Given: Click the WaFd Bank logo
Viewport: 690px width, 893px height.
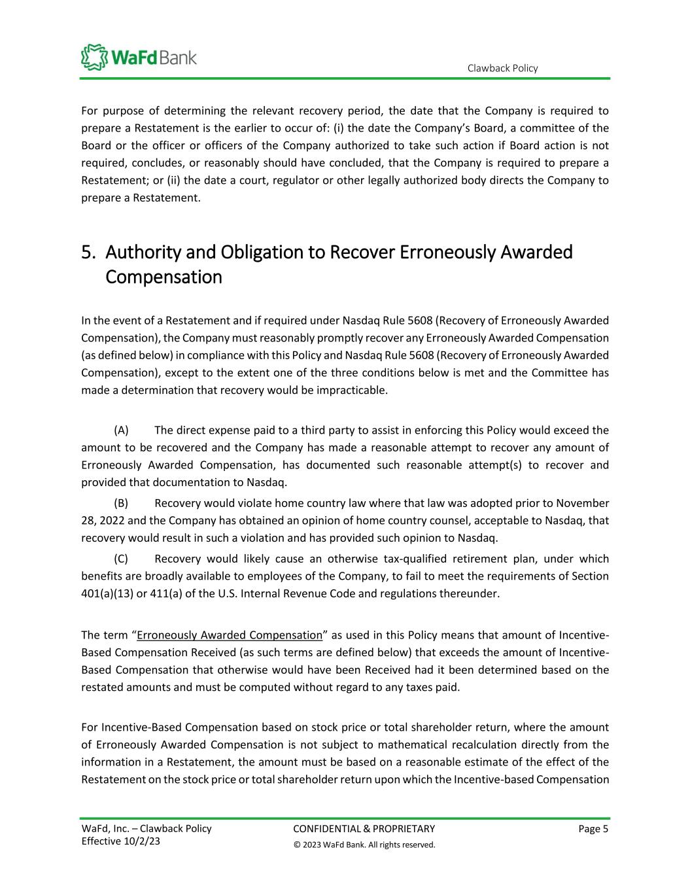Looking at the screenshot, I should click(x=138, y=57).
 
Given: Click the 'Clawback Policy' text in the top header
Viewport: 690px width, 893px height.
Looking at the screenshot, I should click(x=502, y=68).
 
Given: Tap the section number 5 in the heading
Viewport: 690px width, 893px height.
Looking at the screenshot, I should click(x=88, y=252).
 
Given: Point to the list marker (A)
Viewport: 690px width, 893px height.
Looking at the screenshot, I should click(x=121, y=430).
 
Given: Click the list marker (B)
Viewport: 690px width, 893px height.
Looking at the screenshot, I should click(x=121, y=503).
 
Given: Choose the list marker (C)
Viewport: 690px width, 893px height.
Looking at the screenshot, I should click(x=121, y=559).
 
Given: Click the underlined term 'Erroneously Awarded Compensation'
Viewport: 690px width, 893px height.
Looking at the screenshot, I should click(x=230, y=635).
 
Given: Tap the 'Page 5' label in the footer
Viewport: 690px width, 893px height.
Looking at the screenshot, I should click(x=593, y=829).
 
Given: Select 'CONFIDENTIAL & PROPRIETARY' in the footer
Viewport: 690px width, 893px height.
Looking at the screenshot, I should click(x=364, y=829).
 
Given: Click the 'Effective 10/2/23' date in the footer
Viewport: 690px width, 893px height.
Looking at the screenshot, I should click(x=120, y=841).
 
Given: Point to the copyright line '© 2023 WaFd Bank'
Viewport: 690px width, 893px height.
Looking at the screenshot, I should click(x=364, y=845).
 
